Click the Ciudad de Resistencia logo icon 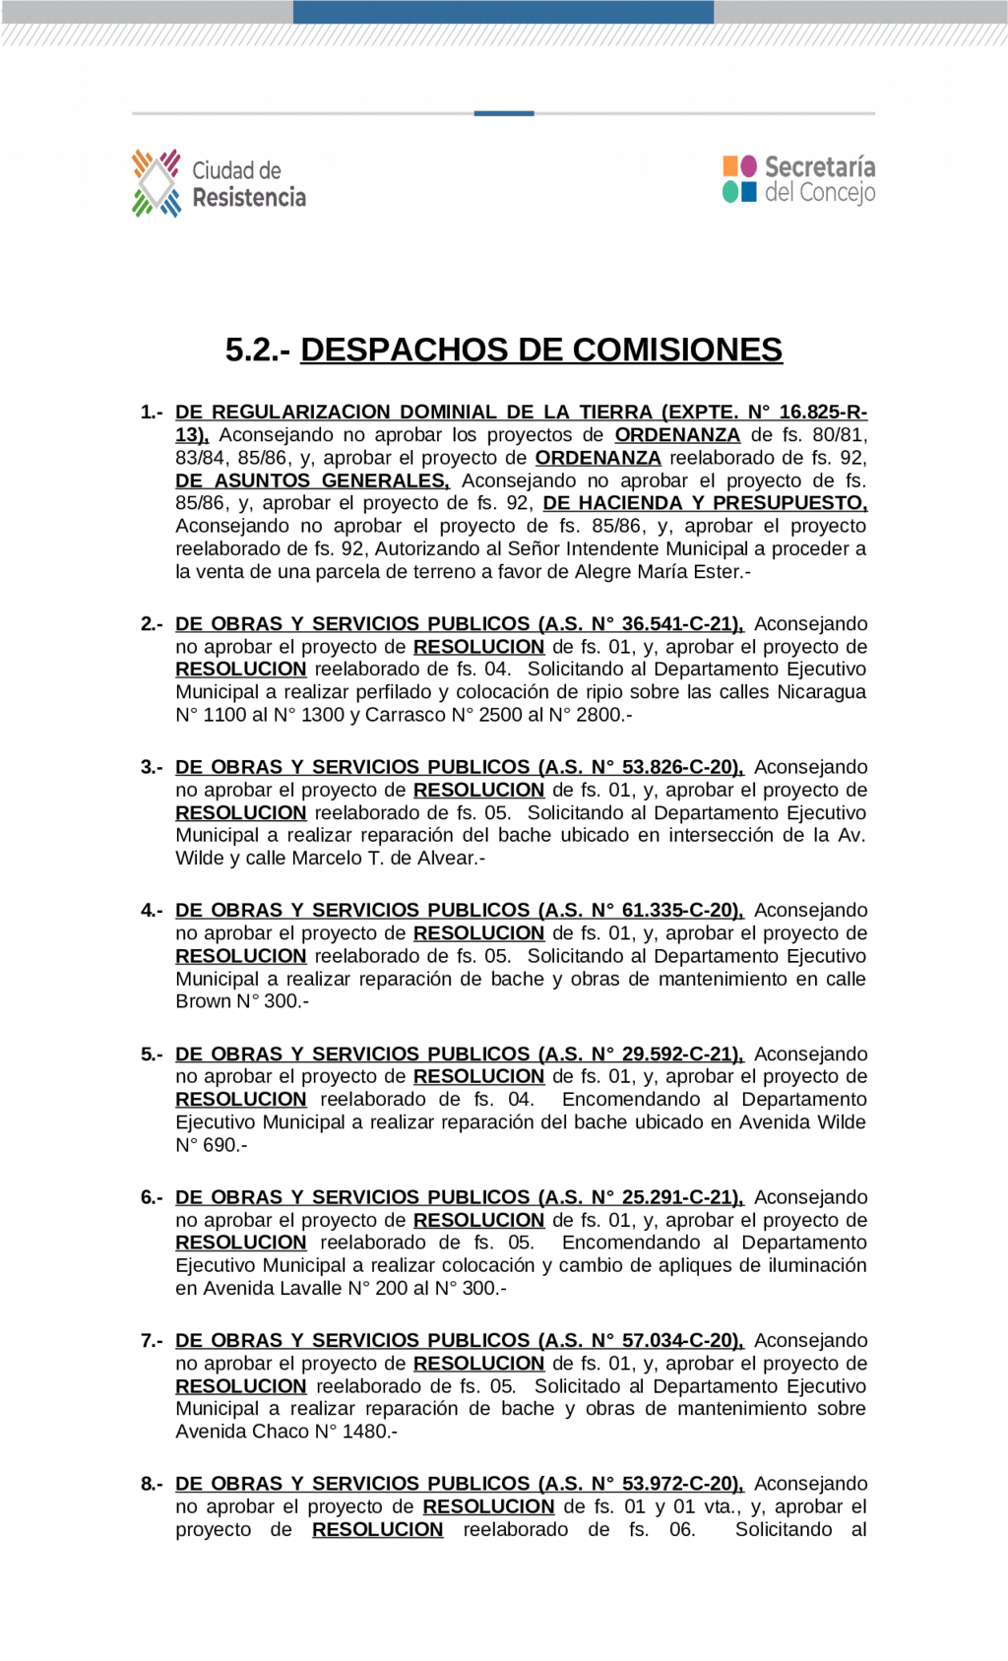click(157, 183)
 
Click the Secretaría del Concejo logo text click(820, 179)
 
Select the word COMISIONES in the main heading click(677, 350)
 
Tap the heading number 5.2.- click(257, 350)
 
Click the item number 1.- click(152, 413)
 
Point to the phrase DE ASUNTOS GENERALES click(312, 480)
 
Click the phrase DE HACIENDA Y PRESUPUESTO click(705, 503)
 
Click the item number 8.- click(152, 1484)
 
